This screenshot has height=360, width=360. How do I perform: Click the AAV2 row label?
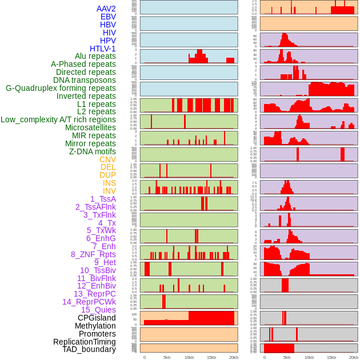point(106,9)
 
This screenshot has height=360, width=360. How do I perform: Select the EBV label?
point(108,17)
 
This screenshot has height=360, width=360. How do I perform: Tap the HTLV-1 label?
point(102,49)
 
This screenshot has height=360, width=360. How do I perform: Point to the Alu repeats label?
point(95,56)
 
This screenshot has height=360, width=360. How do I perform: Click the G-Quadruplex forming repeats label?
point(61,88)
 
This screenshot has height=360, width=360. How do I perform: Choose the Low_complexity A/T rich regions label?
point(58,119)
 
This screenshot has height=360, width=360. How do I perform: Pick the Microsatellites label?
point(90,127)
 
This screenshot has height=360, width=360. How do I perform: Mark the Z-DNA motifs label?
point(92,151)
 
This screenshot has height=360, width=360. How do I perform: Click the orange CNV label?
point(107,159)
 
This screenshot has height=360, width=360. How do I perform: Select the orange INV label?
point(109,191)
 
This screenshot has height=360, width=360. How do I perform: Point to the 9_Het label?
point(105,262)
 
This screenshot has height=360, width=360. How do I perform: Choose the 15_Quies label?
point(98,310)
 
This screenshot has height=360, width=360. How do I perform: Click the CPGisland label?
point(97,318)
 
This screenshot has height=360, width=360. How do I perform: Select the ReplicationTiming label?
point(84,342)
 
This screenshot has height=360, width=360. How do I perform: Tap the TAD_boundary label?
point(89,349)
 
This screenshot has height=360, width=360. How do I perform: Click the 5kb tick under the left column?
point(167,357)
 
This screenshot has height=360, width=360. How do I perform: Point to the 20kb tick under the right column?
point(354,357)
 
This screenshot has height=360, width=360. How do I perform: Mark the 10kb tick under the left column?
point(189,357)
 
